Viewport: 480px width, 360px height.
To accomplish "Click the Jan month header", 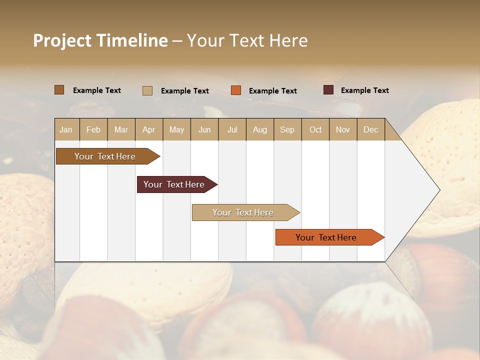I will (66, 129).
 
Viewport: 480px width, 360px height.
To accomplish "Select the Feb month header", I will (93, 129).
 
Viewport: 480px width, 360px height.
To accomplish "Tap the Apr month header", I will (148, 129).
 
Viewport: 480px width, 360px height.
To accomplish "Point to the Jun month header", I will (204, 129).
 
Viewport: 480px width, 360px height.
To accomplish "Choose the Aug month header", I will (259, 129).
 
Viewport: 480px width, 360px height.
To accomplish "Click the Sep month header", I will (287, 129).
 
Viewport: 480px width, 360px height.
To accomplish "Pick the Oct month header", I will (315, 129).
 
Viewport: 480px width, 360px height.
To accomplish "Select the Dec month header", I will (370, 129).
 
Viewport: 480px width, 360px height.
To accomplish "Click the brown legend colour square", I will (59, 90).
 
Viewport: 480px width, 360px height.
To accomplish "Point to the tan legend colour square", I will (147, 90).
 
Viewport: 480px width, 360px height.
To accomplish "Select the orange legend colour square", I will (236, 90).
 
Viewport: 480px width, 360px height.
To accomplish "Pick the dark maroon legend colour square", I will (328, 90).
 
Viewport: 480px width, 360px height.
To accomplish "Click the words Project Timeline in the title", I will (100, 40).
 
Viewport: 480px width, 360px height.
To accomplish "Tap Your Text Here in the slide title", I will (247, 40).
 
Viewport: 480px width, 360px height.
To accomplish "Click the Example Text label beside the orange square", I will (272, 91).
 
